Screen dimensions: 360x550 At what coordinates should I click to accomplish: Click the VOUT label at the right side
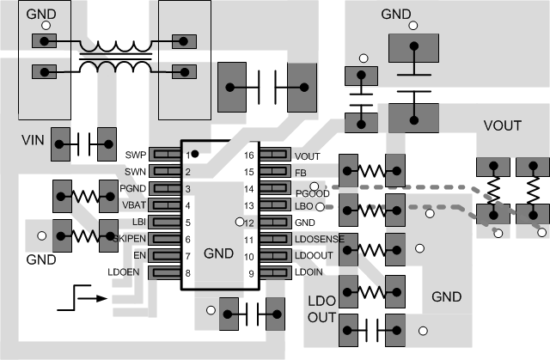(503, 125)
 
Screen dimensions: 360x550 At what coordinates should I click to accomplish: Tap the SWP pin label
(136, 155)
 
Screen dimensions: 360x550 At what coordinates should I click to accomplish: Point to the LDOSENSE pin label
(320, 238)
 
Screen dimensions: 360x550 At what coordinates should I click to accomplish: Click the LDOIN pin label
(309, 272)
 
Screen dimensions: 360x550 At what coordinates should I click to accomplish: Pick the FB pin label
(300, 172)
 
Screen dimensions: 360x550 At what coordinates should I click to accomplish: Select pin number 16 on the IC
(249, 156)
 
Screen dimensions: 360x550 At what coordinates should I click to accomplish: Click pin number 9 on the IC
(252, 272)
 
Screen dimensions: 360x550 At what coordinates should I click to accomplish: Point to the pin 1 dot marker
(196, 153)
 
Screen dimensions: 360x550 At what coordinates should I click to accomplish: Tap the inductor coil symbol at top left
(114, 56)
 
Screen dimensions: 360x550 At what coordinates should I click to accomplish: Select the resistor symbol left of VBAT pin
(83, 196)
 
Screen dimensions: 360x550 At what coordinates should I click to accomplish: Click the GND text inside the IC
(219, 254)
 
